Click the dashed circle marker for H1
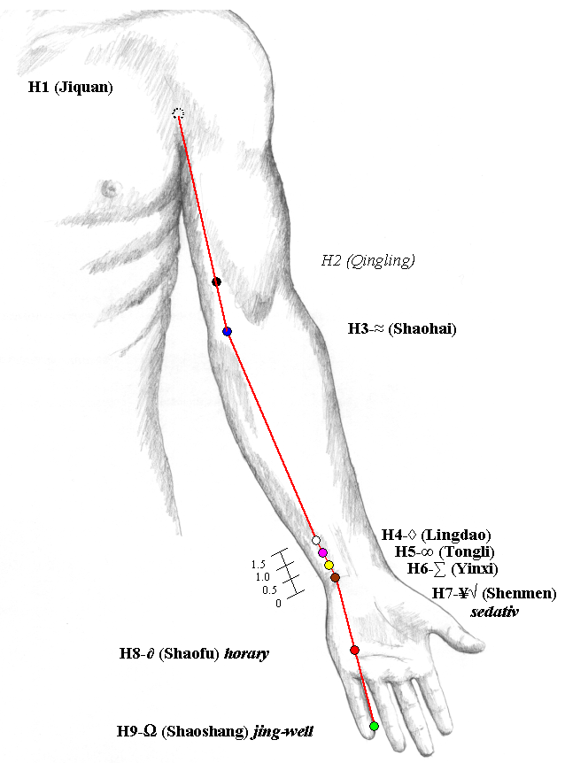click(x=178, y=113)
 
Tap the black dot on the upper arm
click(x=217, y=281)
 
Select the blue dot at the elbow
click(x=227, y=331)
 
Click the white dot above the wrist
click(x=316, y=540)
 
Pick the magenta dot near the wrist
click(x=322, y=553)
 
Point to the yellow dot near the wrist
click(x=329, y=565)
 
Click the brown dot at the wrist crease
click(x=335, y=578)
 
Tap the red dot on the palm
click(x=355, y=650)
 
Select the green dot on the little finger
click(x=374, y=726)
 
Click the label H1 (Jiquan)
click(x=71, y=88)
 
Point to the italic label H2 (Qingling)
click(x=368, y=261)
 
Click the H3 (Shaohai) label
click(x=402, y=329)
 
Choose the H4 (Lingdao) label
click(x=436, y=536)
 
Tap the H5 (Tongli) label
click(x=445, y=551)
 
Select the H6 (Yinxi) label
click(x=453, y=568)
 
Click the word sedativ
click(x=494, y=612)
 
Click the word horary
click(x=246, y=653)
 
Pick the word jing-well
click(x=282, y=731)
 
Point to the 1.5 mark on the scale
click(x=259, y=565)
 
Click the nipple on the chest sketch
click(x=112, y=189)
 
